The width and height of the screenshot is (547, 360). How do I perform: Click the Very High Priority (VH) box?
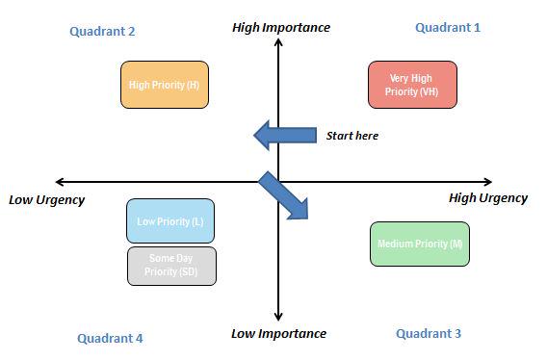coord(412,85)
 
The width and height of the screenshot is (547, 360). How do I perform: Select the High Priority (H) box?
coord(164,85)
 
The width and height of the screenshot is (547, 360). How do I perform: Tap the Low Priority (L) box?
coord(170,221)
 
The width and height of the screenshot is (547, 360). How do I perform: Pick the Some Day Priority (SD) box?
coord(171,266)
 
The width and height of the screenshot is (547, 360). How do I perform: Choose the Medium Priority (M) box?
coord(419,244)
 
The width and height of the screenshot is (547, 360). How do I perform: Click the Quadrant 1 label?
coord(447,28)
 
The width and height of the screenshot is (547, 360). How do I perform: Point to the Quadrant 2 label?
coord(102,31)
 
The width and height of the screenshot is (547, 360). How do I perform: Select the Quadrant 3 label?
coord(429,333)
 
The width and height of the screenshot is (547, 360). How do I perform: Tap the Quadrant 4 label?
coord(110,338)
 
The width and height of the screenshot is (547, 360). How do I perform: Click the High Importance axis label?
coord(281,27)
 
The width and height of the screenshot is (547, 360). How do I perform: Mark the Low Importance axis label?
coord(278,334)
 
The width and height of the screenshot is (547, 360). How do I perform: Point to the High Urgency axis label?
coord(487,198)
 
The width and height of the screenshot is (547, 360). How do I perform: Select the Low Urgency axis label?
coord(46,200)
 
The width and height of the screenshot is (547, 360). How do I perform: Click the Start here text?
coord(352,136)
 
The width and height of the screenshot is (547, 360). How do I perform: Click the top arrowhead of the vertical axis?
coord(278,43)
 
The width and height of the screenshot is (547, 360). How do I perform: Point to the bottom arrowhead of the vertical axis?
coord(278,318)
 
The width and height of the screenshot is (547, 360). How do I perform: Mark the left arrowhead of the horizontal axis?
coord(61,181)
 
